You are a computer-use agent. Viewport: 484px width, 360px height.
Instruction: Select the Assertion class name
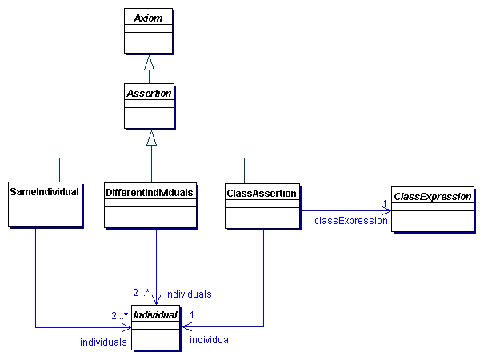click(149, 94)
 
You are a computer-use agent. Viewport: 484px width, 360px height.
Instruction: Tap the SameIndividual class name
click(45, 193)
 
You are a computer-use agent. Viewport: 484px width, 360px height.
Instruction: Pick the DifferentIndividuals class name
click(150, 193)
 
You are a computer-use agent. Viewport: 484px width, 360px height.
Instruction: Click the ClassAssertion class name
click(262, 193)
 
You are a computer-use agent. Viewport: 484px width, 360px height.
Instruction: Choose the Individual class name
click(156, 315)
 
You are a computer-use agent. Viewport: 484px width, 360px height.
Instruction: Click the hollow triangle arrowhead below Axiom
click(149, 63)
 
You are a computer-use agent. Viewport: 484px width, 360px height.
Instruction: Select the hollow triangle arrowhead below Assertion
click(151, 138)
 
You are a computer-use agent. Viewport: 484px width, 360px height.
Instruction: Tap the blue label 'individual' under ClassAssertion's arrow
click(210, 340)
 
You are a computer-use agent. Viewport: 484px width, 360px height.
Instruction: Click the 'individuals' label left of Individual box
click(103, 342)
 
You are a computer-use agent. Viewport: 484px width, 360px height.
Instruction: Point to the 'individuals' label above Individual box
click(188, 294)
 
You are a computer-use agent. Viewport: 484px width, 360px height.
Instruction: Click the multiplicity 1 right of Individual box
click(192, 314)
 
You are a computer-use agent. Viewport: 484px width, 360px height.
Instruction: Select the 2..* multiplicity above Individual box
click(142, 292)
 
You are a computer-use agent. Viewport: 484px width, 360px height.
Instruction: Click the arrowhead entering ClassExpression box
click(386, 211)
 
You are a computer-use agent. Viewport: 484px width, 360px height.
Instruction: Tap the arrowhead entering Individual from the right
click(186, 326)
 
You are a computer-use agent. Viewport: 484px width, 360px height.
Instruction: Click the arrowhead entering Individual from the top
click(156, 301)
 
